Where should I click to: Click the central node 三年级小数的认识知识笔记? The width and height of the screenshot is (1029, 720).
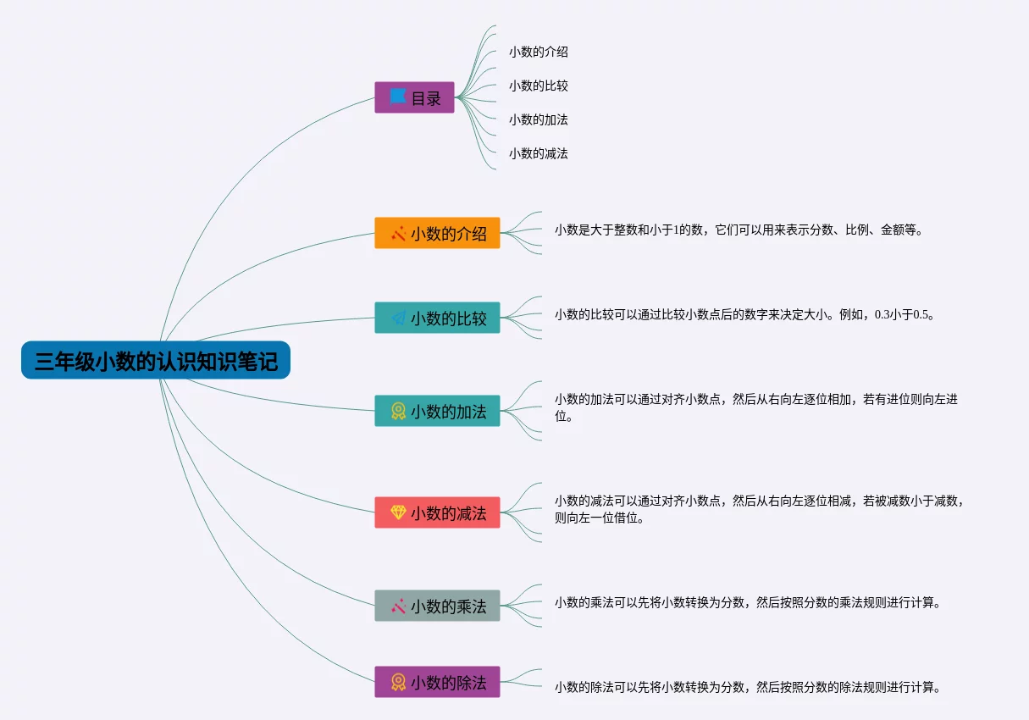pos(156,360)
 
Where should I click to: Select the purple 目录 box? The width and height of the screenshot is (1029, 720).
pos(414,97)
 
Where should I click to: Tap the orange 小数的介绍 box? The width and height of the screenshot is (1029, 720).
pos(437,233)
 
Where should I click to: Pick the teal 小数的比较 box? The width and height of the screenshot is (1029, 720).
pos(437,318)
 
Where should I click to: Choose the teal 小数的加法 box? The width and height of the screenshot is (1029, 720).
pos(437,411)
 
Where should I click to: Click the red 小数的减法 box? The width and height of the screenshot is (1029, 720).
pos(437,512)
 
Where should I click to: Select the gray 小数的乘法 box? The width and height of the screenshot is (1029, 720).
pos(437,606)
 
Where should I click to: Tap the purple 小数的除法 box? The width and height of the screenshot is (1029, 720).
pos(437,682)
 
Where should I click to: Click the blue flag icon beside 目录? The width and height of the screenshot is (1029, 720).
pos(398,97)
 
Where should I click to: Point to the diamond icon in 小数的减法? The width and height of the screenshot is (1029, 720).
pos(398,512)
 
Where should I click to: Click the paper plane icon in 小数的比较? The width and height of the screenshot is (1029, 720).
pos(398,318)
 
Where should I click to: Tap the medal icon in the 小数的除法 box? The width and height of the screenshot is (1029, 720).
pos(398,682)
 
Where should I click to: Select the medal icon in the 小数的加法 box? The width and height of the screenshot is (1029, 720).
pos(398,411)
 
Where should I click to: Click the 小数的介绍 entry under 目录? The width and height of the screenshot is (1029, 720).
pos(539,52)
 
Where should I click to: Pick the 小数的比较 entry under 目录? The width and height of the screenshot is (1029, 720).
pos(539,86)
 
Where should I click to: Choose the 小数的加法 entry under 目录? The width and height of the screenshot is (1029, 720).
pos(539,119)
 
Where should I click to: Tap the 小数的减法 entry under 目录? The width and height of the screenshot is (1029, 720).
pos(539,153)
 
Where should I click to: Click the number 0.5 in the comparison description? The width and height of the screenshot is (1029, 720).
pos(921,315)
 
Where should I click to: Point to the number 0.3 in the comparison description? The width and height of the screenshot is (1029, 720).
pos(882,315)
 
